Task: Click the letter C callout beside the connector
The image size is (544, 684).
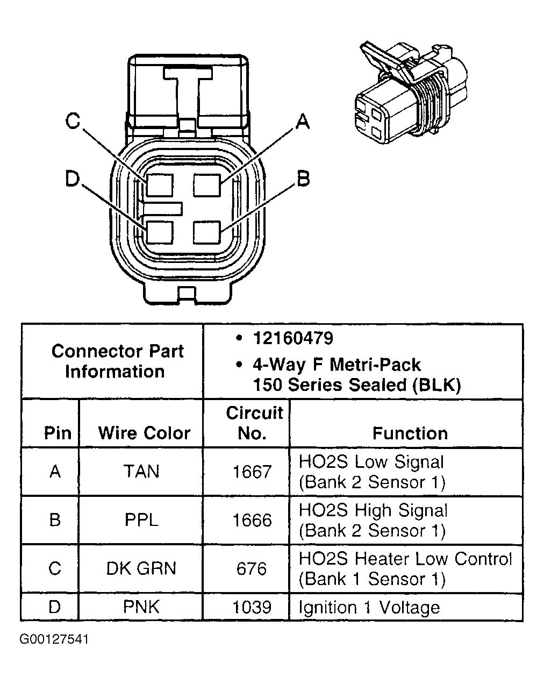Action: point(73,121)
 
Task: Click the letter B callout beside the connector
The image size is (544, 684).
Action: point(303,178)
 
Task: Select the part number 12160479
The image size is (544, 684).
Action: point(293,338)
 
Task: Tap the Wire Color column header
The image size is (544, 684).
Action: point(144,433)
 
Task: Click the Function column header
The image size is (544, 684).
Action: point(410,433)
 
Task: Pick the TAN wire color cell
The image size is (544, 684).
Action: point(141,472)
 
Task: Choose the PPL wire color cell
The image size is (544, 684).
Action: point(141,520)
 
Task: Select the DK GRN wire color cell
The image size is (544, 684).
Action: point(141,568)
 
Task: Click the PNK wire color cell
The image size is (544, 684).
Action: point(141,607)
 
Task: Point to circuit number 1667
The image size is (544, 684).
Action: point(252,472)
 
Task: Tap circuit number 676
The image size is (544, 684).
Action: point(252,568)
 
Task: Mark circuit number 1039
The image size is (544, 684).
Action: point(252,607)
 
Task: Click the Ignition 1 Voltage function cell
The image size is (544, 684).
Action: point(369,607)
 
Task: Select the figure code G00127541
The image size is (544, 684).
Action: point(54,639)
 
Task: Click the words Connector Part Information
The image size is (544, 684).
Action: point(117,361)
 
